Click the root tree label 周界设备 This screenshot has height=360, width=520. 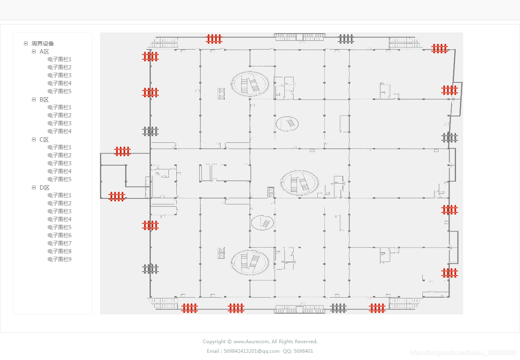[43, 44]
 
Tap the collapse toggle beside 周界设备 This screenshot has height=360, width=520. [26, 43]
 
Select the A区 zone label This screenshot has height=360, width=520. [44, 52]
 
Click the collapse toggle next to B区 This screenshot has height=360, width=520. [34, 99]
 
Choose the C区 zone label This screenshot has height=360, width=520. [44, 140]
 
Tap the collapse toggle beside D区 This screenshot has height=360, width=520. [34, 187]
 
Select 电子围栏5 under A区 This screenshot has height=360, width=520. [59, 91]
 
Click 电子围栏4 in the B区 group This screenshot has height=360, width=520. [59, 131]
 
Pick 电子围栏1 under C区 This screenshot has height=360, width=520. [59, 147]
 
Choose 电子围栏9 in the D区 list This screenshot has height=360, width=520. [59, 259]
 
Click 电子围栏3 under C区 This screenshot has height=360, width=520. [59, 163]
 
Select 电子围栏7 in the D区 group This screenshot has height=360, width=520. [59, 243]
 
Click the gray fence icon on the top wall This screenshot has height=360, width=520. [346, 39]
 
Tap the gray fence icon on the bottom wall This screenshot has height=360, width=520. [338, 308]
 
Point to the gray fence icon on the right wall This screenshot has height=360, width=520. [450, 138]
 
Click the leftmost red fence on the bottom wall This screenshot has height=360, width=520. [190, 308]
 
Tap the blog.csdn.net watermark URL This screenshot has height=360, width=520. [463, 353]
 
